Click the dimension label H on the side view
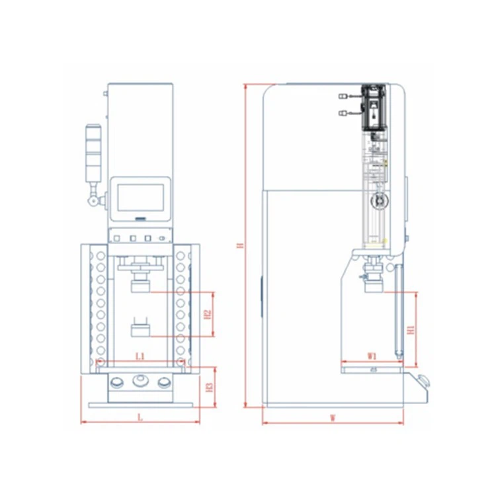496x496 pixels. tap(239, 245)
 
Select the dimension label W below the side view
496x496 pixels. tap(333, 417)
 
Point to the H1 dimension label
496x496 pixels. tap(410, 329)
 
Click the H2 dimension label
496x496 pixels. tap(207, 313)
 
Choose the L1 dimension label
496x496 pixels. tap(140, 356)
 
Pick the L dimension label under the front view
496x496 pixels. tap(139, 417)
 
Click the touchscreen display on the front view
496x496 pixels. tap(140, 198)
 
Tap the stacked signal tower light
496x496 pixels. tap(93, 151)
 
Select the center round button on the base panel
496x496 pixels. tap(140, 380)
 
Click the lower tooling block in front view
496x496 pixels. tap(140, 328)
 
